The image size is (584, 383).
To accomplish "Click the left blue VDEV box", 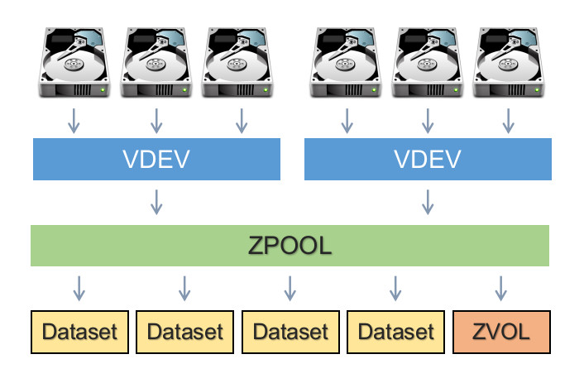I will click(x=156, y=159).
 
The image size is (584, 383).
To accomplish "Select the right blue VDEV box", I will click(x=428, y=159).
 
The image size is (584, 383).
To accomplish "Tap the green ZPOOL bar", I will click(x=290, y=245).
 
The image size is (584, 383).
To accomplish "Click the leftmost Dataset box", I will click(x=79, y=333).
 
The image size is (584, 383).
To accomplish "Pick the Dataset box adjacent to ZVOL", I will click(x=396, y=333).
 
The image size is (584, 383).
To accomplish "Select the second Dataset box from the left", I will click(x=185, y=333).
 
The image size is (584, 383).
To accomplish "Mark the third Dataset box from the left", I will click(x=290, y=333).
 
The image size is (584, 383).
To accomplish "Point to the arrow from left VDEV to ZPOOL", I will click(x=156, y=200).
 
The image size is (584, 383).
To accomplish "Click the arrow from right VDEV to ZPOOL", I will click(x=428, y=200).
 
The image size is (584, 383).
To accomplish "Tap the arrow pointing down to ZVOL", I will click(x=501, y=287).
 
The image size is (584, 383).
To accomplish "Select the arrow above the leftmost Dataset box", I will click(x=79, y=287).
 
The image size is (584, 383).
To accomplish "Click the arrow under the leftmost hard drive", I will click(x=74, y=121).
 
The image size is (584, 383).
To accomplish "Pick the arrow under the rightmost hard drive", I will click(x=507, y=121).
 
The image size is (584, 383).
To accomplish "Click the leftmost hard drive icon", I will click(x=74, y=62).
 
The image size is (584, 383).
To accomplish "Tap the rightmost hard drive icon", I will click(x=507, y=62).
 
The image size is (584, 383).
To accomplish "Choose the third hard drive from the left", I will click(x=241, y=62).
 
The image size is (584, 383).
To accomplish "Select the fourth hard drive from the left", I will click(x=347, y=62).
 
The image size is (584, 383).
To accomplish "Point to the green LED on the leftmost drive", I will click(x=103, y=89).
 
